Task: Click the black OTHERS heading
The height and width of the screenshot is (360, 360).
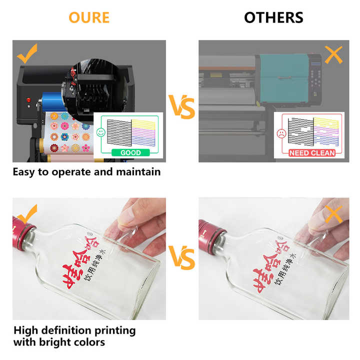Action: tap(273, 17)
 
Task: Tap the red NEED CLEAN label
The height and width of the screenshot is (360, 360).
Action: tap(311, 152)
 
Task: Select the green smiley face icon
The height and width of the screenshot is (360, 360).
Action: tap(101, 132)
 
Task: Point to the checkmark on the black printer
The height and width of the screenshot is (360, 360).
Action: tap(27, 52)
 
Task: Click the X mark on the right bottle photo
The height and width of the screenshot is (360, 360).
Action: tap(333, 214)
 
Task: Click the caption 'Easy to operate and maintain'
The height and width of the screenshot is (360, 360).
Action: tap(87, 171)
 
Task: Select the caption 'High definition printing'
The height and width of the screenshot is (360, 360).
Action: tap(74, 330)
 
